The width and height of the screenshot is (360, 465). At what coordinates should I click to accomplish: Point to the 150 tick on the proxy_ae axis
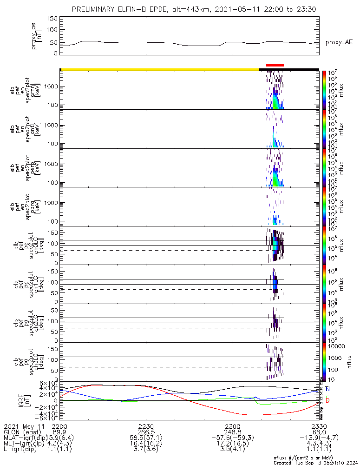coord(52,19)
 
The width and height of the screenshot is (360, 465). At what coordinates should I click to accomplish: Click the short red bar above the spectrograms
coord(275,66)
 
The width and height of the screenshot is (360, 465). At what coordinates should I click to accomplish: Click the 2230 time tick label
coord(146,426)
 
